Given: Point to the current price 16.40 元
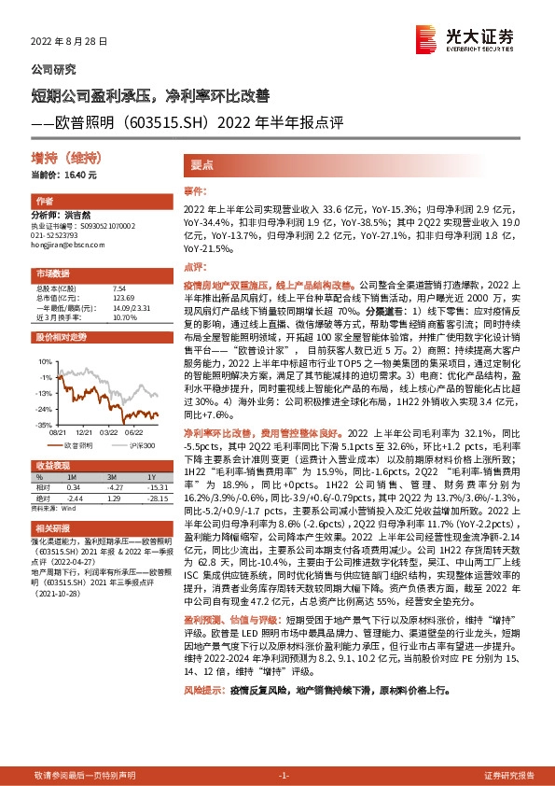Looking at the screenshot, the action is pos(63,175).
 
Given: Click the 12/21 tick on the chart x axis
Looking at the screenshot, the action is pos(87,432).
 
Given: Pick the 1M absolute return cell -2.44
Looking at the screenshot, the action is pos(76,498).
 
